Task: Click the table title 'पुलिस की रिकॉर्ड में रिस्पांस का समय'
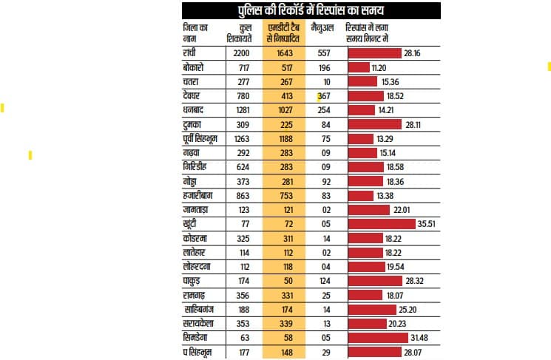[x=311, y=11]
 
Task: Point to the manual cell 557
[x=322, y=53]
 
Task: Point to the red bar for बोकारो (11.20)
[x=359, y=67]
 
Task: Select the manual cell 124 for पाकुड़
[x=322, y=281]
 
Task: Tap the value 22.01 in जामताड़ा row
[x=402, y=210]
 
